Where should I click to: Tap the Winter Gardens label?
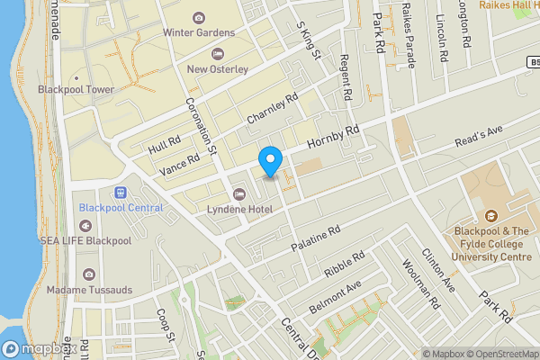[198, 33]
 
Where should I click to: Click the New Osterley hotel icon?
[217, 53]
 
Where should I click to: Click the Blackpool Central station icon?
[120, 193]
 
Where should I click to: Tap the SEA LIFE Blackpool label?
[85, 241]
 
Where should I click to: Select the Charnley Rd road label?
[272, 112]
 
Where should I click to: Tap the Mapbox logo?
[38, 348]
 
